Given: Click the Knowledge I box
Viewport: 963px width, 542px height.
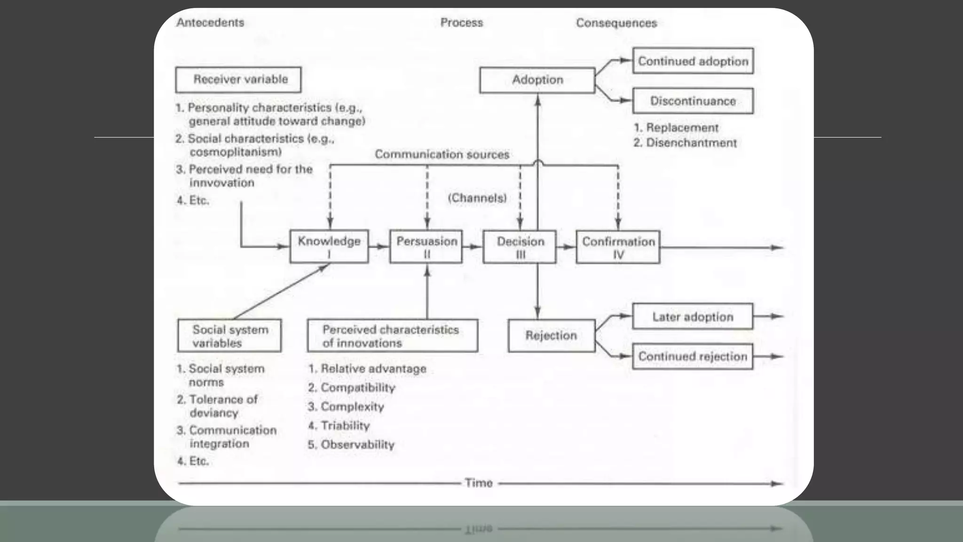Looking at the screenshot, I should pyautogui.click(x=329, y=247).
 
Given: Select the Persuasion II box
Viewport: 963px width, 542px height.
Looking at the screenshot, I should pyautogui.click(x=426, y=247).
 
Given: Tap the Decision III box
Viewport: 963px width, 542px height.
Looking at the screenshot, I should pyautogui.click(x=520, y=247).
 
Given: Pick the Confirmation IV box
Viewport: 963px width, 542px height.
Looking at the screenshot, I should pyautogui.click(x=618, y=247).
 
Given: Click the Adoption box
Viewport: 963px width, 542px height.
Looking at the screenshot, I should pyautogui.click(x=537, y=80).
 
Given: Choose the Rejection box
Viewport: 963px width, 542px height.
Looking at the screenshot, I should pyautogui.click(x=551, y=335).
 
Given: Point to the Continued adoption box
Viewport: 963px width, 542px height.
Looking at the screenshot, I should pyautogui.click(x=693, y=61).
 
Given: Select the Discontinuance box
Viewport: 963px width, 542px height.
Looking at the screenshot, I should pyautogui.click(x=693, y=101).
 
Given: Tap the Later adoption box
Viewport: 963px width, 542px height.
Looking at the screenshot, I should pyautogui.click(x=692, y=317).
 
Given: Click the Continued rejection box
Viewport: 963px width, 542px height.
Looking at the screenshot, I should pyautogui.click(x=692, y=357).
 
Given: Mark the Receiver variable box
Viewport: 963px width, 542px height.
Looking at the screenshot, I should pyautogui.click(x=238, y=80).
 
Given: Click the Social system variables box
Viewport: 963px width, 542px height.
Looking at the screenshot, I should pyautogui.click(x=229, y=336).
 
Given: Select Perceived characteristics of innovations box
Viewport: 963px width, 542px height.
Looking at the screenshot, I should pyautogui.click(x=392, y=336).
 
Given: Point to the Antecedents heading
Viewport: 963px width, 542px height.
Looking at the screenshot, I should pyautogui.click(x=210, y=23).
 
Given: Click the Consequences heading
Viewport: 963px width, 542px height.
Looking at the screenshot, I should pyautogui.click(x=616, y=23).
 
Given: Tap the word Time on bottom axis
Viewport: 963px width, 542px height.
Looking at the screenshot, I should pyautogui.click(x=478, y=483).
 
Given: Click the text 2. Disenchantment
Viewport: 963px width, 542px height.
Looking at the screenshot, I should pyautogui.click(x=685, y=143).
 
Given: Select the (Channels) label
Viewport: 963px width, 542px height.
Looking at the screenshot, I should pyautogui.click(x=477, y=198).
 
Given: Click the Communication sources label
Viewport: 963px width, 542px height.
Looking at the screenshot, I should pyautogui.click(x=442, y=154).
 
